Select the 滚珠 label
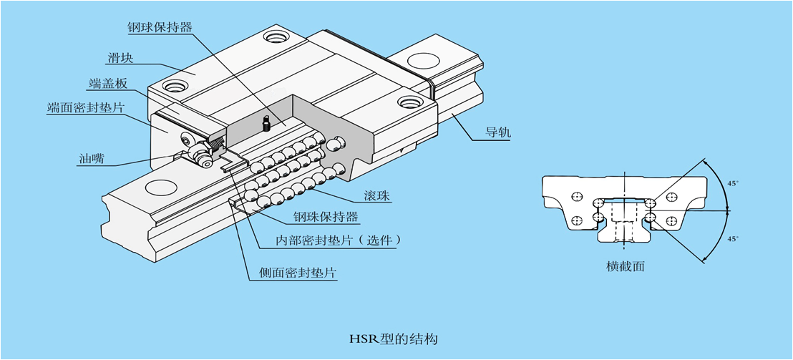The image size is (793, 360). click(x=376, y=195)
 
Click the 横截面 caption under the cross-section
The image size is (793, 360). click(x=626, y=266)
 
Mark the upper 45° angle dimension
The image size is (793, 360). click(x=732, y=183)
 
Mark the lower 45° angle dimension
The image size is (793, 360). click(x=732, y=239)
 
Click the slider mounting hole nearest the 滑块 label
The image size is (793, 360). click(x=174, y=86)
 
